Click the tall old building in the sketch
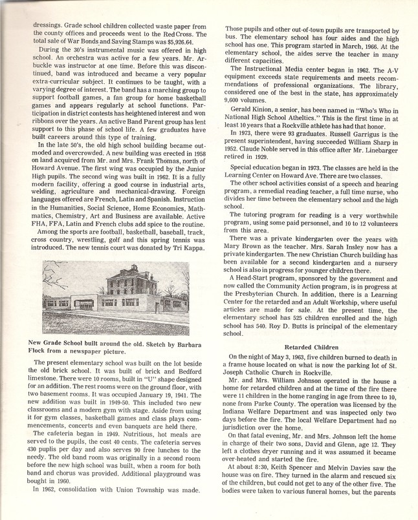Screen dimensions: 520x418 [128, 283]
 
